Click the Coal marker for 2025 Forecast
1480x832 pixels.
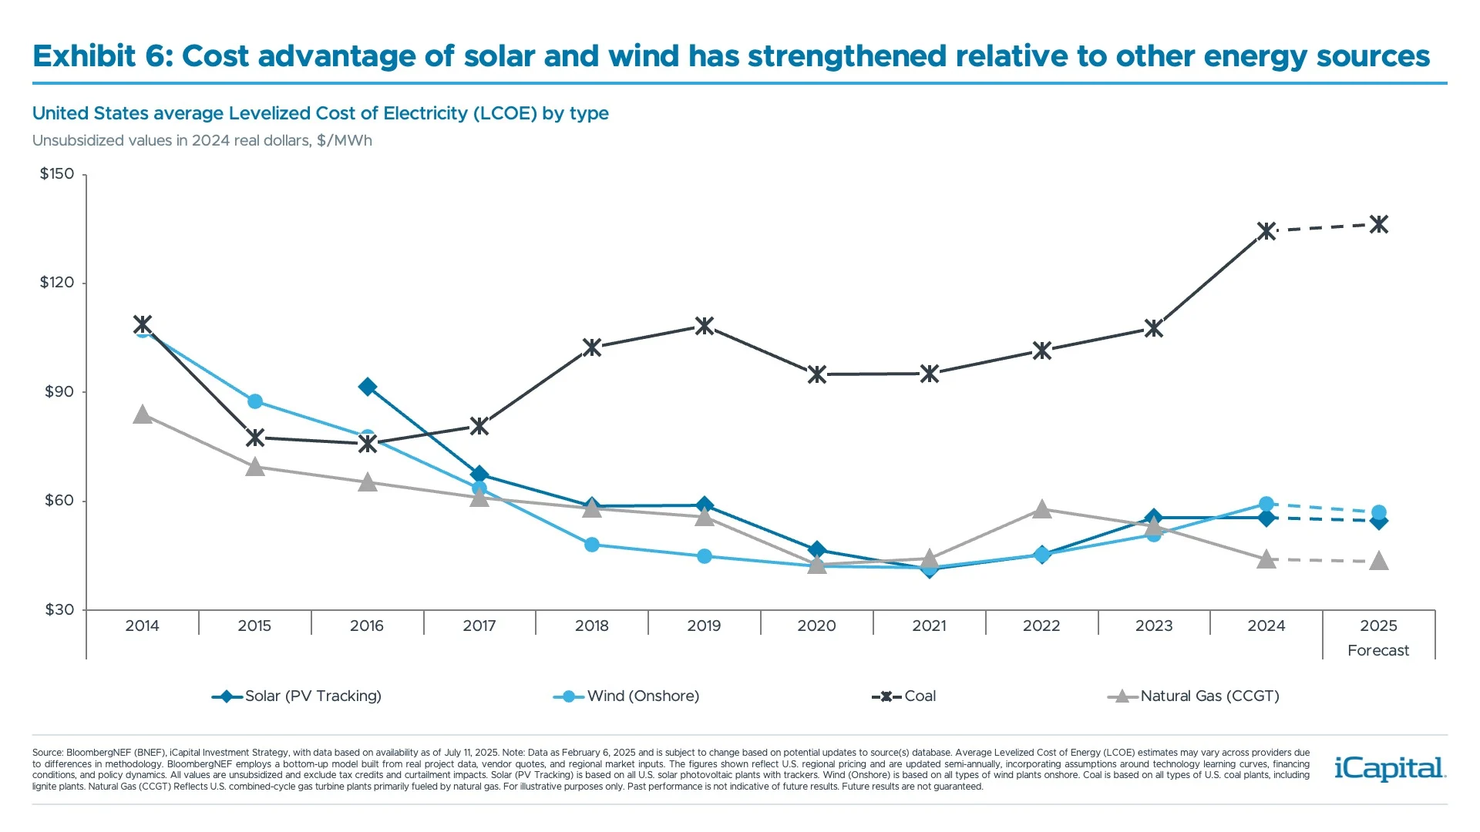click(x=1378, y=224)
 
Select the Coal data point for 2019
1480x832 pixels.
click(x=704, y=326)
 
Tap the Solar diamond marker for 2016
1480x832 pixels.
click(x=368, y=387)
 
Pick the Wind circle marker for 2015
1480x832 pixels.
click(x=255, y=401)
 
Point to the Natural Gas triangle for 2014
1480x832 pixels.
click(x=142, y=415)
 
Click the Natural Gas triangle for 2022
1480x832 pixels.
click(x=1041, y=509)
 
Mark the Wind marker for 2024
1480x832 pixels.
click(x=1266, y=504)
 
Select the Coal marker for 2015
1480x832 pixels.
click(x=255, y=438)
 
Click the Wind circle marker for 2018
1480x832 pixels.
click(x=592, y=545)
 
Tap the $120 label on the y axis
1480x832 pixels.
click(x=57, y=283)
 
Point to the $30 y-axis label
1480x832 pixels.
click(x=59, y=610)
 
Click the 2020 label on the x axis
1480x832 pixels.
click(x=816, y=626)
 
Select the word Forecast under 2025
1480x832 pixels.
click(x=1377, y=650)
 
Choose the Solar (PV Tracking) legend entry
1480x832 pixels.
click(x=297, y=696)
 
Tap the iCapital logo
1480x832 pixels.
click(x=1389, y=768)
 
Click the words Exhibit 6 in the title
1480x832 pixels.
click(x=102, y=56)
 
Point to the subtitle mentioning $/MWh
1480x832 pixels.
click(x=202, y=141)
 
